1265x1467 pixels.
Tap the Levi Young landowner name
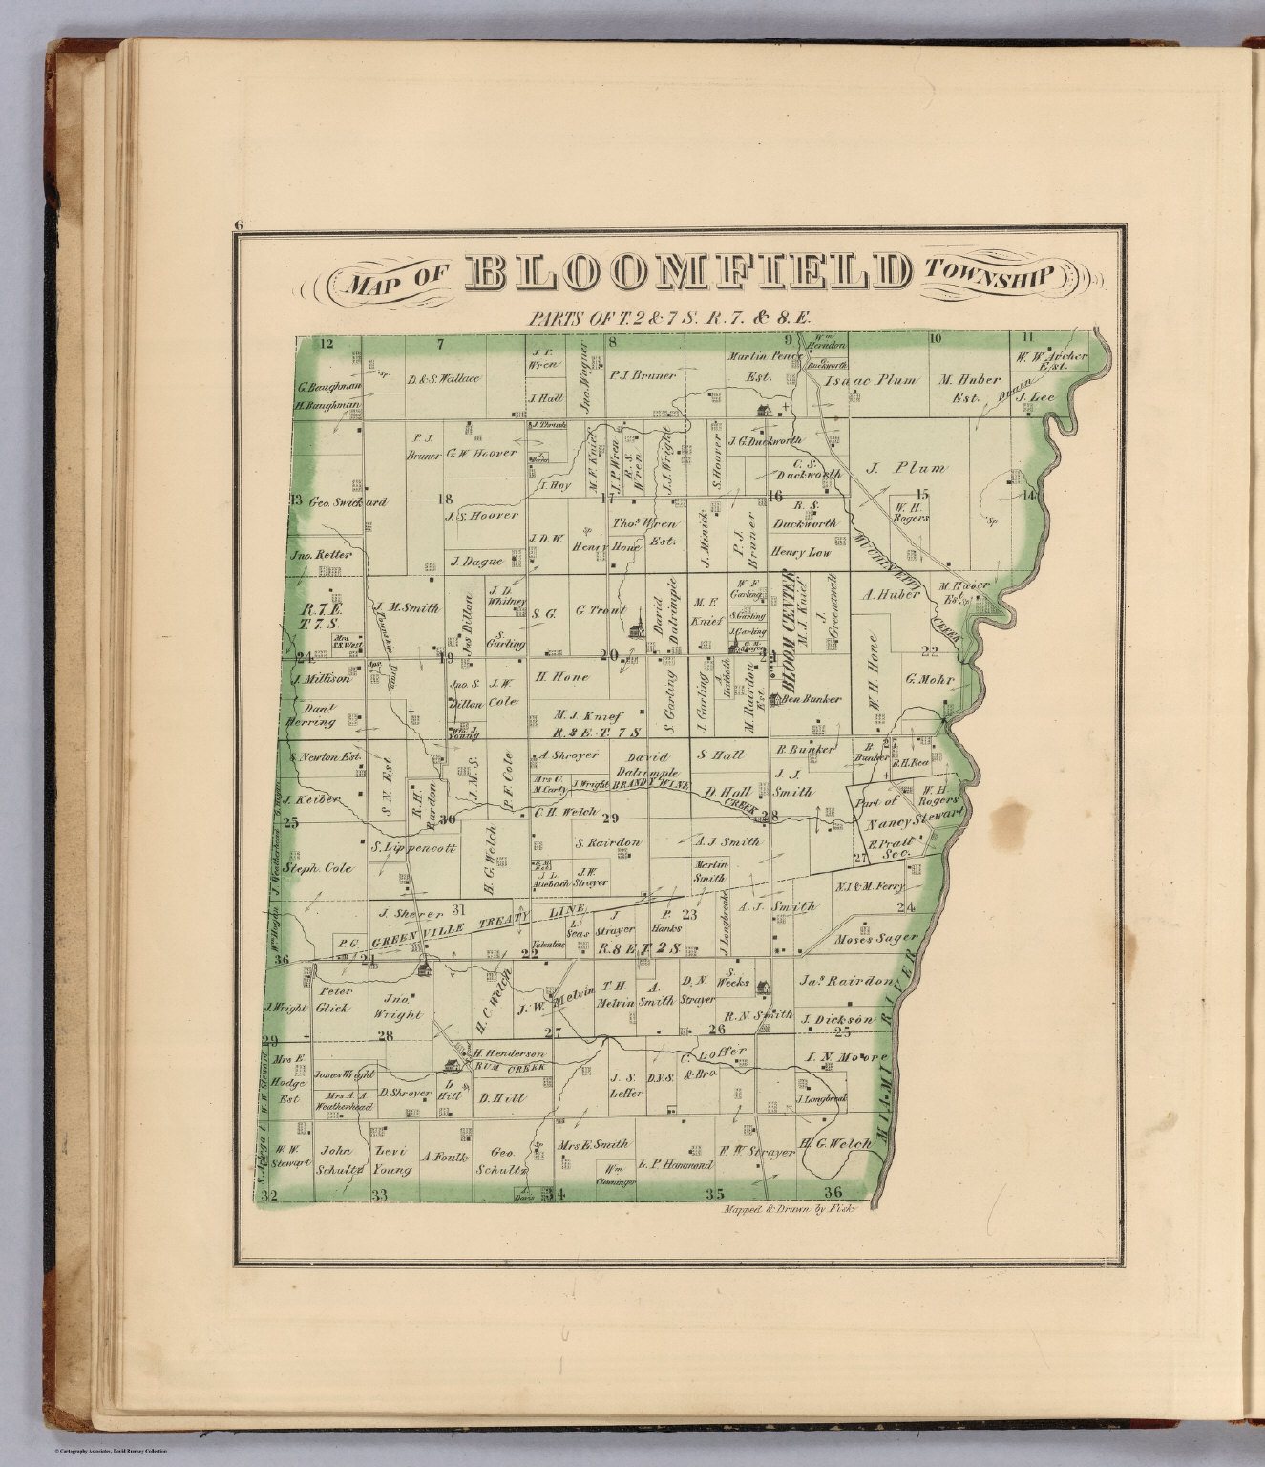point(391,1161)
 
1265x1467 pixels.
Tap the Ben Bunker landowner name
point(812,699)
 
